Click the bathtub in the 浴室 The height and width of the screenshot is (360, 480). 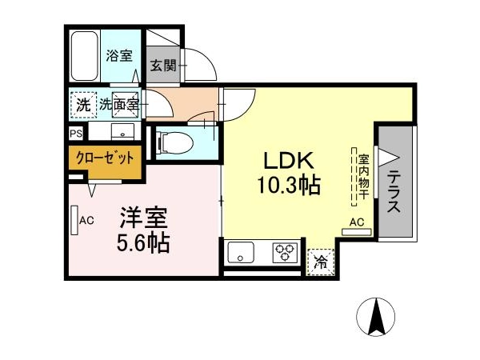pos(84,56)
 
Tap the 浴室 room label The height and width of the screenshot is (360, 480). pos(119,56)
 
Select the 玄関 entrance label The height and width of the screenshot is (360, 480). pos(163,66)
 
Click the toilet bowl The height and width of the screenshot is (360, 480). pos(174,142)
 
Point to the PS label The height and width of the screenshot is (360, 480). pos(76,134)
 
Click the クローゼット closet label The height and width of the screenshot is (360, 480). pos(105,158)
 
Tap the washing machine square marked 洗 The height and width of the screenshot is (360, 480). pos(83,105)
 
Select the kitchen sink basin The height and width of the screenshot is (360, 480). pos(241,252)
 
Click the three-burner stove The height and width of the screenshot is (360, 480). pos(285,252)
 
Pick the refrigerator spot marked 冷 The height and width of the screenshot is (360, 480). pos(321,262)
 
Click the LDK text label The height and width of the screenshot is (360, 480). pos(289,161)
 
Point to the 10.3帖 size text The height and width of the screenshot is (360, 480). pos(289,186)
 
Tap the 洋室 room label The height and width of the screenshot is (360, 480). pos(144,218)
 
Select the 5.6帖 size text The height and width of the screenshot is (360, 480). pos(143,242)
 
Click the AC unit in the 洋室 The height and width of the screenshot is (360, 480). pos(74,220)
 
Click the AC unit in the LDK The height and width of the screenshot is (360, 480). pos(356,232)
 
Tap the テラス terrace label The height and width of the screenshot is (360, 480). pos(394,192)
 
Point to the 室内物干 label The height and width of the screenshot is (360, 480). pos(363,178)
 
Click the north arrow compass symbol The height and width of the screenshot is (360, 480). pos(376,317)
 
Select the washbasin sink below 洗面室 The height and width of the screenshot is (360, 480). pos(122,132)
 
